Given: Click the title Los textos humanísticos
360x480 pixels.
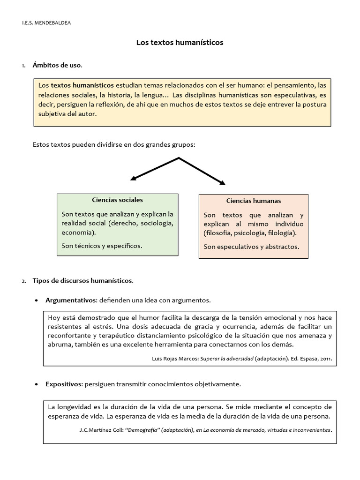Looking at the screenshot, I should [180, 43].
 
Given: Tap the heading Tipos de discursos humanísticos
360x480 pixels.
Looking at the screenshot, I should [82, 281].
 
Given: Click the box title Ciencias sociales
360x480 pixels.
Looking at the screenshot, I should [117, 200].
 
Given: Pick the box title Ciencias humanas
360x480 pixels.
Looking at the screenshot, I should [254, 201].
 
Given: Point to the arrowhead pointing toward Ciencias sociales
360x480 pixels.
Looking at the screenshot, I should [133, 178].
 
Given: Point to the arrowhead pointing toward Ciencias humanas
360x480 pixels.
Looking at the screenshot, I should [223, 182].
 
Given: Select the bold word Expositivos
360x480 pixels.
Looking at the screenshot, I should [64, 384].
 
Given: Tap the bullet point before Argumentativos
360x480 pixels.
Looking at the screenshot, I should [37, 300].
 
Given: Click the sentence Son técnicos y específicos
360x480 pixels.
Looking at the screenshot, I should [102, 245].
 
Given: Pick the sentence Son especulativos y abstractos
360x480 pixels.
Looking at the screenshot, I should [251, 247].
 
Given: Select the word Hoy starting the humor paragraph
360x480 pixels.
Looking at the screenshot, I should [55, 317].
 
